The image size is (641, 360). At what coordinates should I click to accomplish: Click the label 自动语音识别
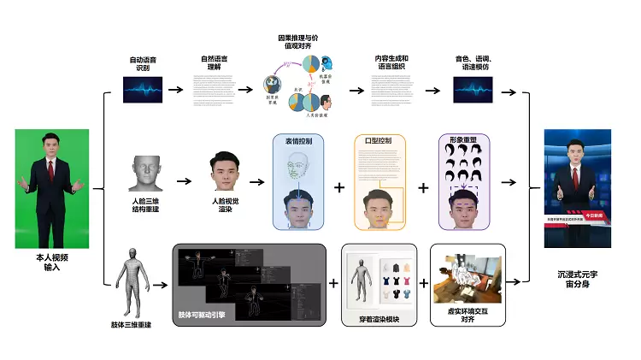[142, 64]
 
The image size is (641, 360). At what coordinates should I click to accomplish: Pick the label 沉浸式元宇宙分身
[579, 279]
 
